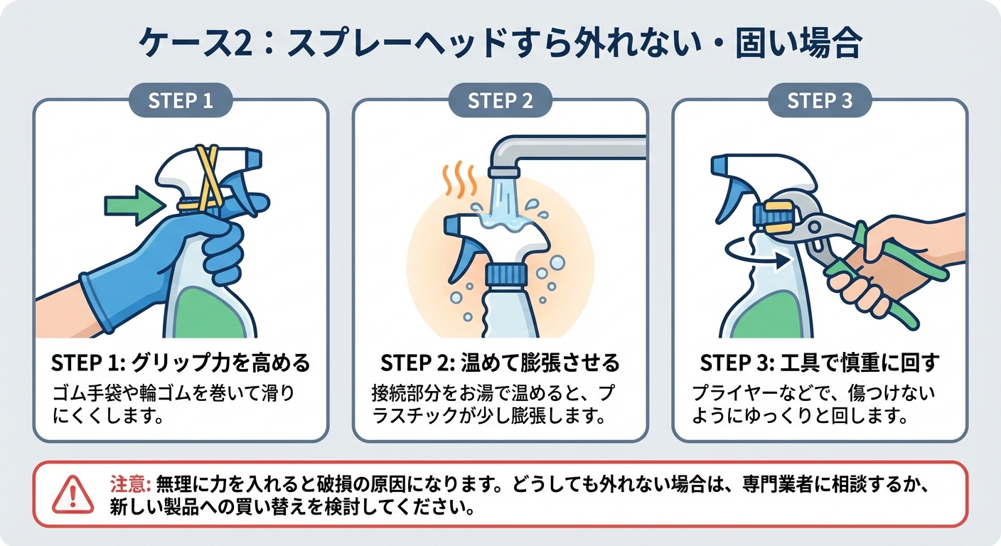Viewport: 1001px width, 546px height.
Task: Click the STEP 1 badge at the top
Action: (x=181, y=101)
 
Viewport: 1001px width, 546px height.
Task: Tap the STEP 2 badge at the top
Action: (x=500, y=101)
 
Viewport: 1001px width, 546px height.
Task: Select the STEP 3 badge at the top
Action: (x=819, y=101)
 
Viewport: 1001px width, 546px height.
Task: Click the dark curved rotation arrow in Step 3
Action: (x=754, y=252)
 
